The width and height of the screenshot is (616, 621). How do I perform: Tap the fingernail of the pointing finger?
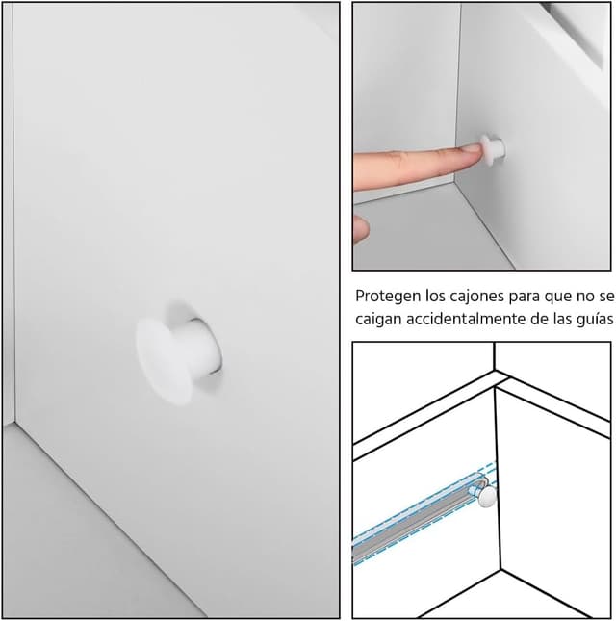pos(472,149)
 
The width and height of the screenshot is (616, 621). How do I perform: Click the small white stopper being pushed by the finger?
pos(493,149)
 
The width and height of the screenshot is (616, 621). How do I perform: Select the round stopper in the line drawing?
pos(487,496)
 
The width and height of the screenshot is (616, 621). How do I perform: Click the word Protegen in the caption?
pos(388,297)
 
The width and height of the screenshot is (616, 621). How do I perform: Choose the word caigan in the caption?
pos(378,320)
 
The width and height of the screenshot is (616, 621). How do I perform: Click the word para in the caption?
pos(525,298)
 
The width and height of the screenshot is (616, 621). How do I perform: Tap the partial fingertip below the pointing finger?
pos(361,228)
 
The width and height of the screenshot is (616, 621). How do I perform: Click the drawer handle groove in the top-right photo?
pos(573,33)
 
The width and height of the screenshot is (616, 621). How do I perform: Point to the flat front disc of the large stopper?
pos(163,361)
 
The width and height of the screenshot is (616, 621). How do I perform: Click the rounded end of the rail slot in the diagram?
pos(483,483)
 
